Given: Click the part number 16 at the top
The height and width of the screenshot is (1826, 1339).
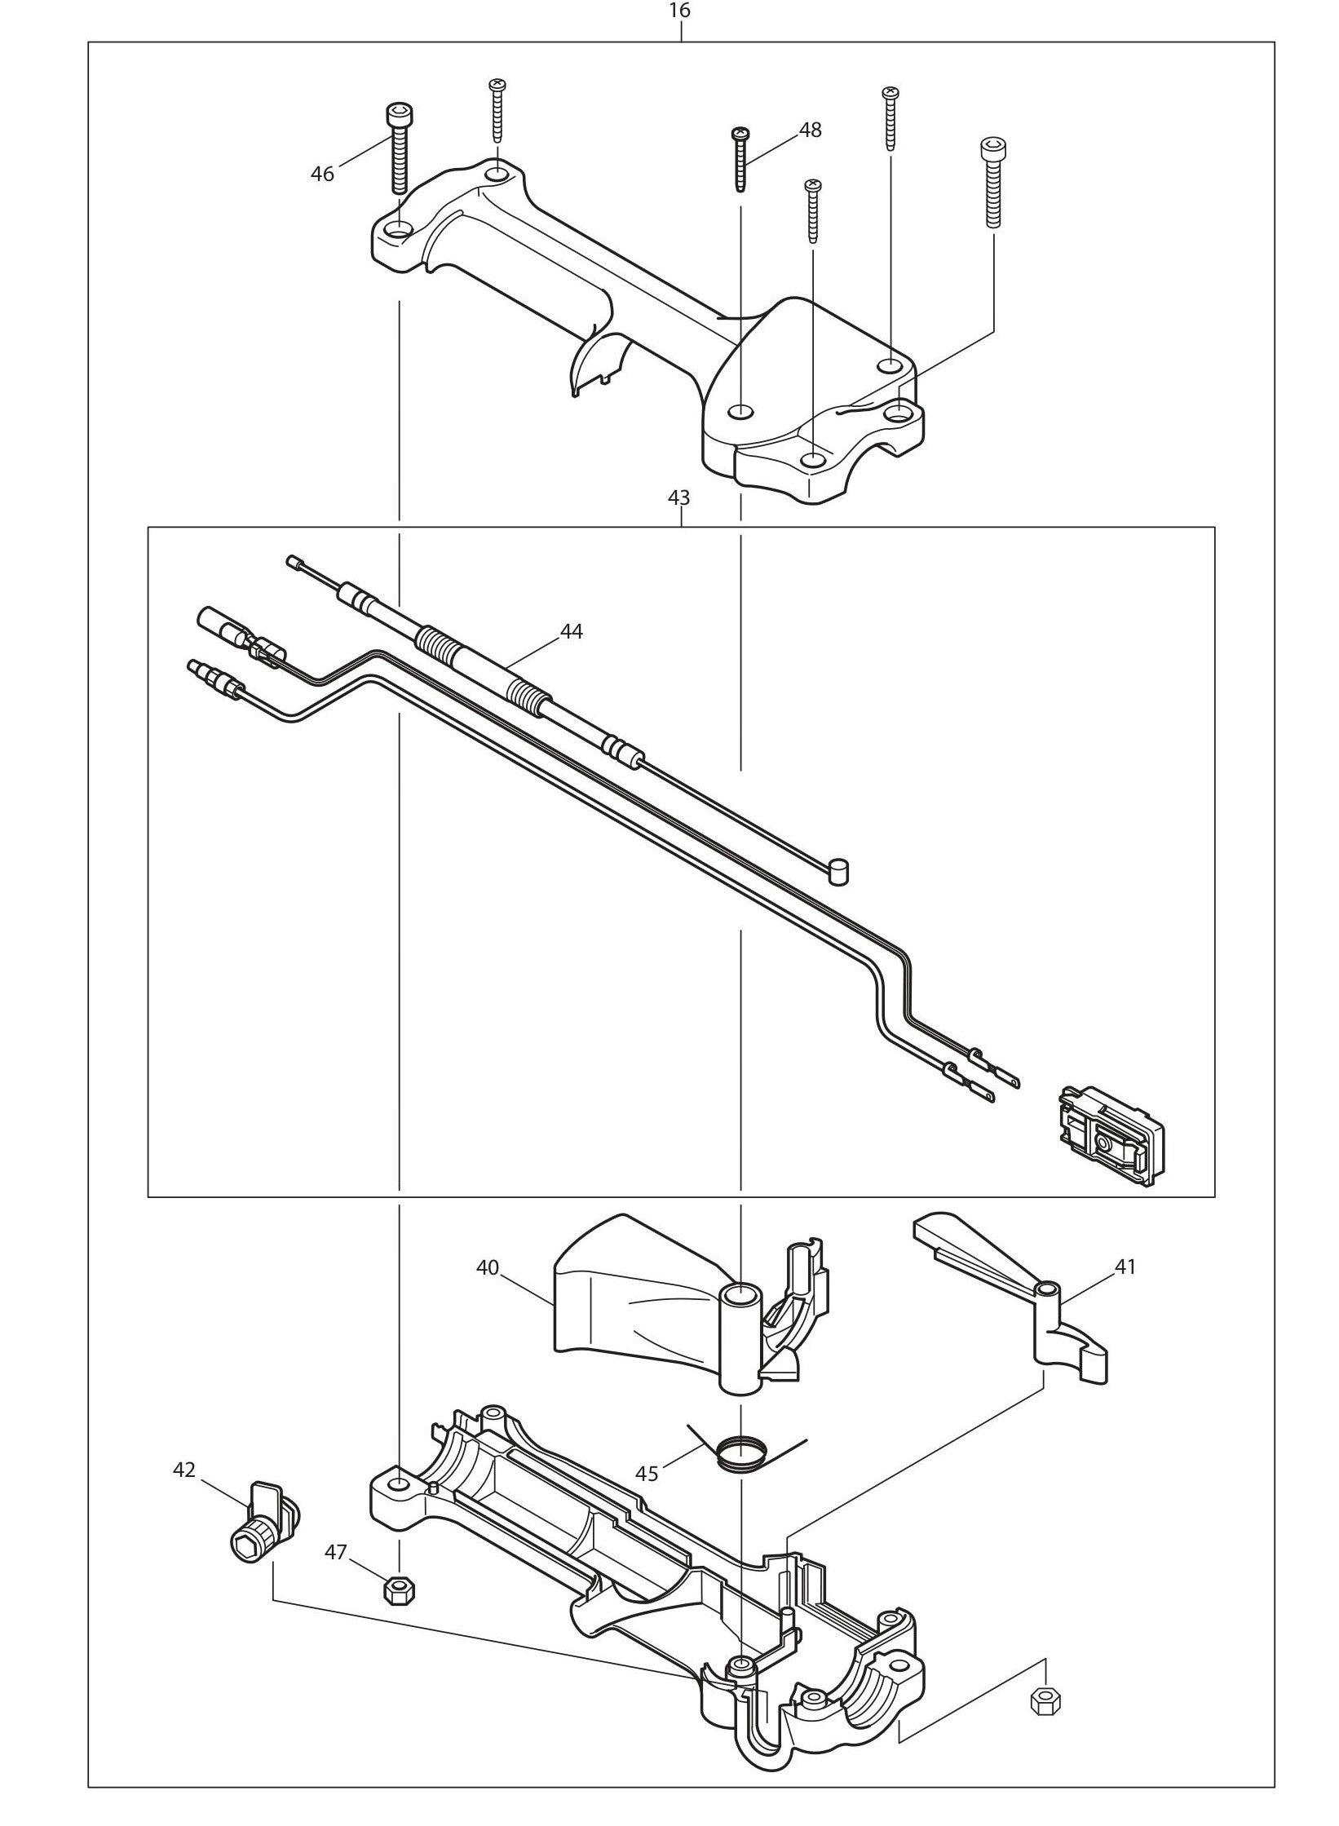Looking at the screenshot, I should coord(679,11).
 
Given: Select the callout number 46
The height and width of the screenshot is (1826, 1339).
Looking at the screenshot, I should coord(323,174).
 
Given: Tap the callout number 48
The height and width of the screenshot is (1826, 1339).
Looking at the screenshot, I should coord(810,130).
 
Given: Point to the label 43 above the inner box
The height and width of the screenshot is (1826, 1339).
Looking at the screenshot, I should coord(679,497).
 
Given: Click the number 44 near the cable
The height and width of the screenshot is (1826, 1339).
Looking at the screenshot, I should coord(571,631).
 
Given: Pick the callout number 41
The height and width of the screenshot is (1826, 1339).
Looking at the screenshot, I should coord(1125,1266).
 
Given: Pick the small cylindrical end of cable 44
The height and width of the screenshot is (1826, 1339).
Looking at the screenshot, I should coord(837,873).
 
